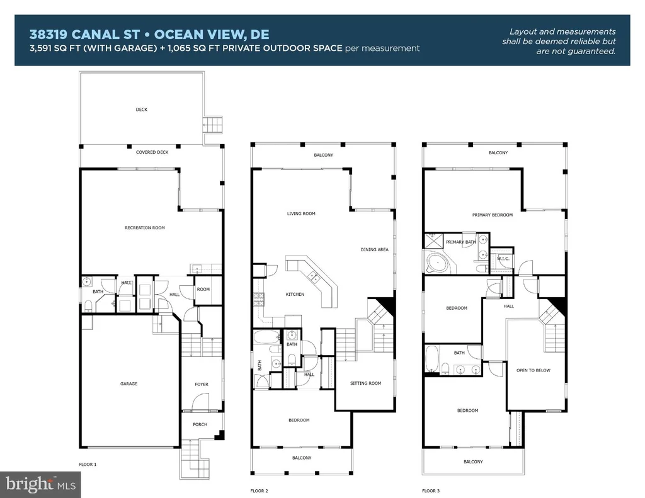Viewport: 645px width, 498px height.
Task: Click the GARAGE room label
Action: pyautogui.click(x=128, y=383)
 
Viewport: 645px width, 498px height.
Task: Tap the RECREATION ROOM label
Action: pyautogui.click(x=145, y=227)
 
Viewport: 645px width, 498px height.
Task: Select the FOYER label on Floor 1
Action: pyautogui.click(x=202, y=384)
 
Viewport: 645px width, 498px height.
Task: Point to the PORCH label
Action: pyautogui.click(x=200, y=424)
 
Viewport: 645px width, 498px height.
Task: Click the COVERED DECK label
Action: pyautogui.click(x=152, y=152)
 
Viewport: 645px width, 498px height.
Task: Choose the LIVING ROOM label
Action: pyautogui.click(x=301, y=213)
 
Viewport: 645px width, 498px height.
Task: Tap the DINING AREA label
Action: pyautogui.click(x=374, y=249)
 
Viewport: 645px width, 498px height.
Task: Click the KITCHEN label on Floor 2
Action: pyautogui.click(x=295, y=294)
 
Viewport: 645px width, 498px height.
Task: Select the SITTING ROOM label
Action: pyautogui.click(x=366, y=383)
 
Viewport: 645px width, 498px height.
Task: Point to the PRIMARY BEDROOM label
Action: pyautogui.click(x=493, y=215)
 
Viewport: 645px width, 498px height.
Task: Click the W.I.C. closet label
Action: pyautogui.click(x=503, y=259)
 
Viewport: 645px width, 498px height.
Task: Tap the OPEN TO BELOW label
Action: pyautogui.click(x=533, y=370)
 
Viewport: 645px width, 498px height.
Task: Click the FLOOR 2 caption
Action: pyautogui.click(x=259, y=490)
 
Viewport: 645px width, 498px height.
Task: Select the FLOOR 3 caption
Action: pyautogui.click(x=431, y=490)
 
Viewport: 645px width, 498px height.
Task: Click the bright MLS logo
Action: pyautogui.click(x=40, y=484)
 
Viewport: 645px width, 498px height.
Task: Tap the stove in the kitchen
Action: pyautogui.click(x=258, y=300)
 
